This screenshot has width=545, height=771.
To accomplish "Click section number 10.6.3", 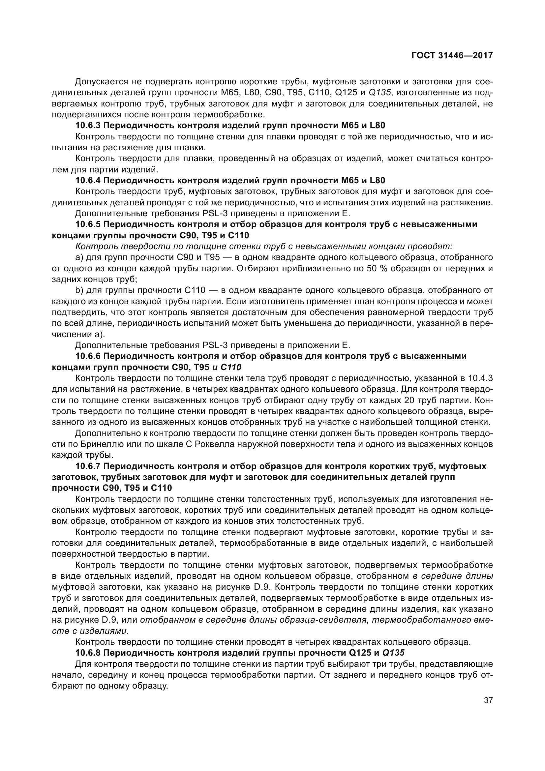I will click(88, 126).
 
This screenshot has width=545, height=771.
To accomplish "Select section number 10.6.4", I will click(88, 180).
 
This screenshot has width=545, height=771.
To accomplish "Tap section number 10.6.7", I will click(88, 466).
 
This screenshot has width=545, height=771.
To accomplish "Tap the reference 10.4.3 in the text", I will click(480, 378).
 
